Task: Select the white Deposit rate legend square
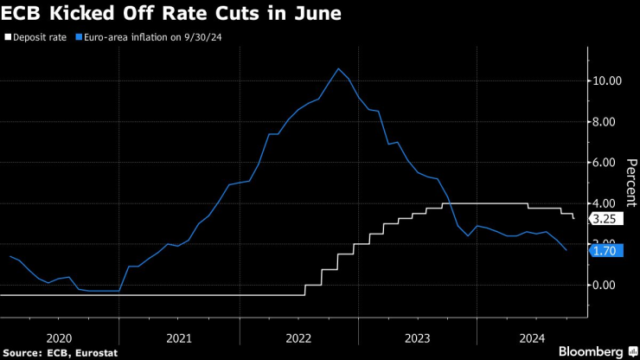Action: click(x=8, y=37)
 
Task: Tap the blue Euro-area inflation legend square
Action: click(x=80, y=37)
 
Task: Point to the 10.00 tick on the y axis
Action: click(x=605, y=81)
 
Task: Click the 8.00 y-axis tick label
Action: click(x=605, y=122)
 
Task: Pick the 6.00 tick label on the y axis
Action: click(x=605, y=163)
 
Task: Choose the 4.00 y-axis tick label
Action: click(x=605, y=203)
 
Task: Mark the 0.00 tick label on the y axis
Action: click(x=605, y=285)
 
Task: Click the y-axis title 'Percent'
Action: click(x=630, y=183)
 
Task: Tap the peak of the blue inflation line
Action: click(x=338, y=69)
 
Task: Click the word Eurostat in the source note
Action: click(x=93, y=353)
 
